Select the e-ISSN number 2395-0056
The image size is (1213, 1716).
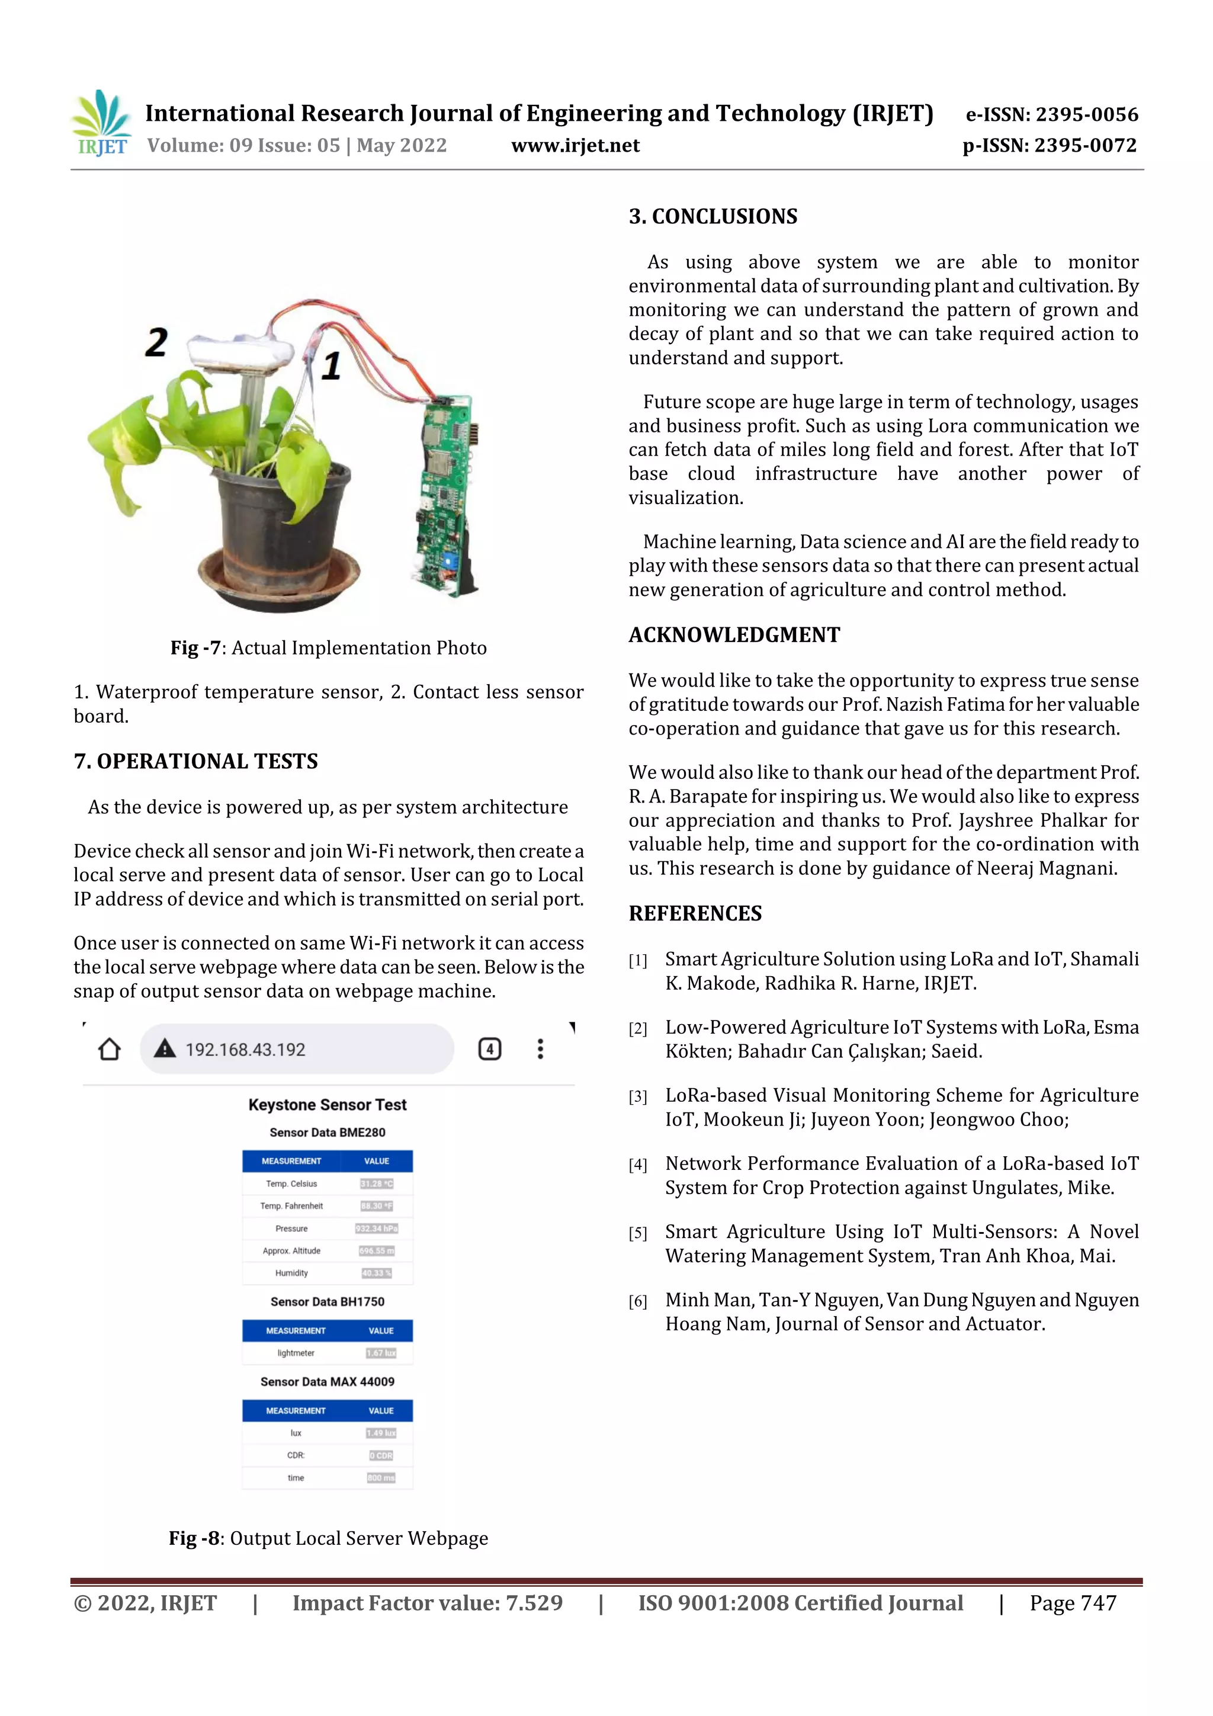[1086, 114]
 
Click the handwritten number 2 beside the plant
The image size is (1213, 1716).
[156, 343]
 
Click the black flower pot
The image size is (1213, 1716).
[282, 523]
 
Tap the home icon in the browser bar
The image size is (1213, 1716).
[110, 1050]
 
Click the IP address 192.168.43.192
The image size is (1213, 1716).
[245, 1050]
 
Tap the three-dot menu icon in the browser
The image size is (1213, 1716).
[540, 1050]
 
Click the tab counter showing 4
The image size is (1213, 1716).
[490, 1050]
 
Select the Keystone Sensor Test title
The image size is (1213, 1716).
[328, 1105]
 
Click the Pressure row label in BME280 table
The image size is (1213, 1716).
[291, 1229]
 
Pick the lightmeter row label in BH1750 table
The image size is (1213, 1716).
[296, 1353]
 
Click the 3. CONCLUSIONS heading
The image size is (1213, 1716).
[713, 217]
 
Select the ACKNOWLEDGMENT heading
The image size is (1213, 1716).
[734, 634]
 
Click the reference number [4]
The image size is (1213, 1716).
[637, 1165]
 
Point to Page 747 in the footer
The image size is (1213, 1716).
[1073, 1603]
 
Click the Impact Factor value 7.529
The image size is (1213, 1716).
[534, 1603]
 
